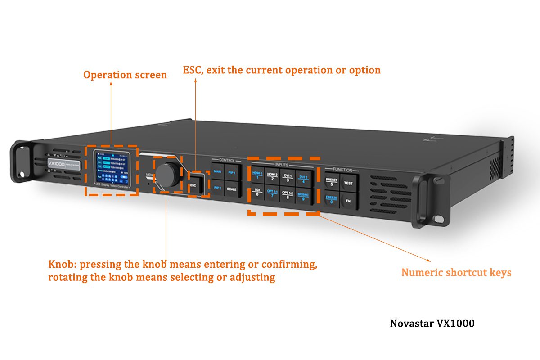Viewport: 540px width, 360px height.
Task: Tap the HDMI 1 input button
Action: pos(257,175)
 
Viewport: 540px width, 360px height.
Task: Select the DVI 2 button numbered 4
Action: pos(304,179)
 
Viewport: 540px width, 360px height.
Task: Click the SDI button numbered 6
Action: pos(257,193)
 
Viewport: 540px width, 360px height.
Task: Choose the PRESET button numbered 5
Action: pos(331,182)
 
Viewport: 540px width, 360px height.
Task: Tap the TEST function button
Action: pos(348,183)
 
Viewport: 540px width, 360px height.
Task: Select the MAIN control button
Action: pos(218,172)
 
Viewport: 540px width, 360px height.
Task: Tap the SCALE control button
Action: pos(231,189)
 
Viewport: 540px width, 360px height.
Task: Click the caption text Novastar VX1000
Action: pos(432,323)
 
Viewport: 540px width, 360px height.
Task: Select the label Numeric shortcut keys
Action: pos(456,272)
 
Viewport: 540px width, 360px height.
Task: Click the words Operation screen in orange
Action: pos(125,75)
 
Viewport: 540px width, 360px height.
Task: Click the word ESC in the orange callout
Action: pos(191,70)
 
